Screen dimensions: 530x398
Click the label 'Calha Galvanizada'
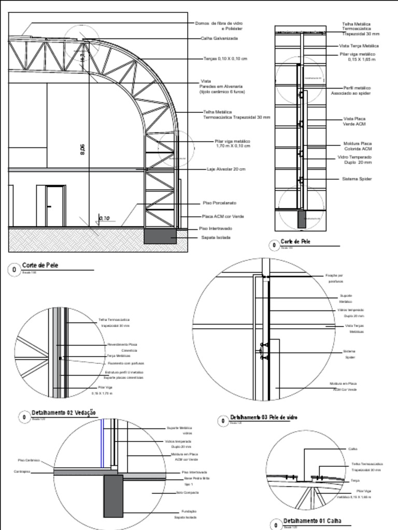pos(219,38)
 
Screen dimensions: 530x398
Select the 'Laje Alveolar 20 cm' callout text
pos(226,169)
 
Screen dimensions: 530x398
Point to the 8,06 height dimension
pos(82,149)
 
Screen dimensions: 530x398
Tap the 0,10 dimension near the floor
pos(104,218)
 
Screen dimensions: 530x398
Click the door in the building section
pos(55,206)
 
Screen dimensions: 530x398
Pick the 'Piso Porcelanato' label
pos(219,203)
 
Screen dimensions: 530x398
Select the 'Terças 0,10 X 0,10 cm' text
pos(225,59)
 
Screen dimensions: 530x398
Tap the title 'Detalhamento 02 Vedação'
pos(64,413)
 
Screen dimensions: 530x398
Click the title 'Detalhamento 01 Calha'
pos(312,521)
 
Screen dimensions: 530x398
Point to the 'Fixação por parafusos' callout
pos(334,278)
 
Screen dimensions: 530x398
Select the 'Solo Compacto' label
pos(187,493)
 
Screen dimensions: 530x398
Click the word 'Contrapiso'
pos(22,472)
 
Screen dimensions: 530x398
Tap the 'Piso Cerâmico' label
pos(29,460)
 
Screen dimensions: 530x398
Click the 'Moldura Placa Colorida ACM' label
pos(358,146)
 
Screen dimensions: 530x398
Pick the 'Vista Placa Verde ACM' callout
pos(354,122)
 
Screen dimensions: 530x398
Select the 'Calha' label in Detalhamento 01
pos(352,449)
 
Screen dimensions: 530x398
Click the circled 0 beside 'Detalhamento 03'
pos(223,421)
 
